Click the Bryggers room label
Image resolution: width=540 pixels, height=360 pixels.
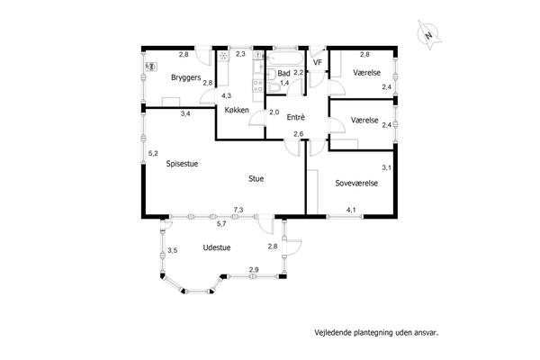[x=185, y=77]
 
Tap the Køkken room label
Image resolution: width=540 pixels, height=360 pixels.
[x=237, y=110]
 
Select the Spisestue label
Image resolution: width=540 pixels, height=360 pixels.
[x=182, y=164]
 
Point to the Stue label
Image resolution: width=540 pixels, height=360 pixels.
[x=256, y=178]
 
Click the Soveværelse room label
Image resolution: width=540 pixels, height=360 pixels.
[x=356, y=184]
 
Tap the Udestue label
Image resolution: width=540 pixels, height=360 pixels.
[x=217, y=247]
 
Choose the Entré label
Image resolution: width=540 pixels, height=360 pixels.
[x=296, y=117]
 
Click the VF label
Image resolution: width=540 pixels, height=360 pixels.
[x=317, y=63]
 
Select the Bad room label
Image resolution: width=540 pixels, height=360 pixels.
[x=283, y=74]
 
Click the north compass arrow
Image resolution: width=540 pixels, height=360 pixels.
[x=428, y=35]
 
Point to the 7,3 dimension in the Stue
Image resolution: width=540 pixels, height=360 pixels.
[x=238, y=210]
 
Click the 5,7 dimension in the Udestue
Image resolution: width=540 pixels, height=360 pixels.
[x=221, y=223]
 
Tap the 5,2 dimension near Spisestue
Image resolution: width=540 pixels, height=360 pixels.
[x=153, y=153]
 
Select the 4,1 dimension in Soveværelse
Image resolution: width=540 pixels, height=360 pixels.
[x=351, y=210]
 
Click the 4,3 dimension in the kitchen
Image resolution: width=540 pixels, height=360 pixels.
[x=226, y=95]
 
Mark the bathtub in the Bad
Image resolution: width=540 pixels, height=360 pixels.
[x=285, y=58]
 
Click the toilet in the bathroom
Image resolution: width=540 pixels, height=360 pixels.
[x=274, y=88]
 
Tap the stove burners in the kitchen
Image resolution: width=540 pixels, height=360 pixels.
[x=257, y=85]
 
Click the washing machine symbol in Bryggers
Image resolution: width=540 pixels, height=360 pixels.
[x=151, y=67]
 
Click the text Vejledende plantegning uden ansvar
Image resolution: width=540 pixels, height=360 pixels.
[x=376, y=333]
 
